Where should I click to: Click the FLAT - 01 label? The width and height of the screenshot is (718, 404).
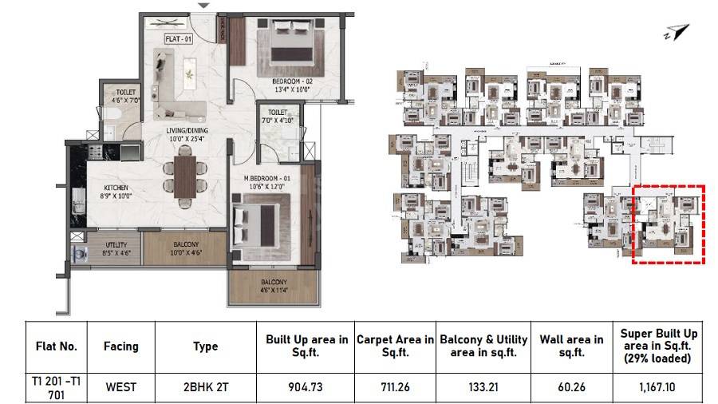178,38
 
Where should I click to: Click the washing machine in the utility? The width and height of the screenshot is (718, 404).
79,253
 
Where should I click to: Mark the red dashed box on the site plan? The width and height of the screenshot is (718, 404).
669,224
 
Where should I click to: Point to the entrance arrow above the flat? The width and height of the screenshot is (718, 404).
205,6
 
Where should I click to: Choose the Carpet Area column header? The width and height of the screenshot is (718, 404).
395,346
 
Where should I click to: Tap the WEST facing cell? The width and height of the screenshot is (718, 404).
120,387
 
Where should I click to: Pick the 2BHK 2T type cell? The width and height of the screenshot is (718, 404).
205,387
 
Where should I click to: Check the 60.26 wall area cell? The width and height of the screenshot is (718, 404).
570,387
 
